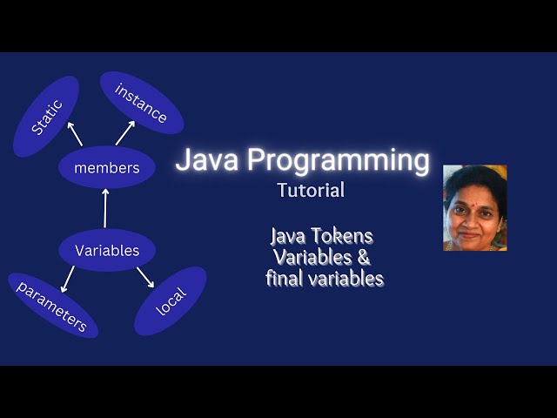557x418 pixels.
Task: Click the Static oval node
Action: [x=46, y=117]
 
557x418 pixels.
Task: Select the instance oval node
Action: [x=140, y=103]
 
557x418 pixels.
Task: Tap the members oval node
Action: [x=106, y=168]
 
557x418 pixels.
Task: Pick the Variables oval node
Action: [x=106, y=251]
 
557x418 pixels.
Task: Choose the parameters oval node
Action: [x=53, y=306]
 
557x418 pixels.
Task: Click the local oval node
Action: [x=171, y=301]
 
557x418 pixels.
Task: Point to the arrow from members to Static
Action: [x=76, y=134]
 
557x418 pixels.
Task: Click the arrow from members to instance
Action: [x=125, y=132]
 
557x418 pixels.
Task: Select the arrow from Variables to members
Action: [x=106, y=210]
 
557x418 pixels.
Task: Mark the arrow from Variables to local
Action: [x=144, y=278]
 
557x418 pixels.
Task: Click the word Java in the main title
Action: [x=207, y=161]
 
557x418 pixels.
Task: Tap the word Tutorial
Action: [x=311, y=190]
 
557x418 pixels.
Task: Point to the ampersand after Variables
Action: [x=364, y=258]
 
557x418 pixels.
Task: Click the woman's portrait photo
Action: [x=474, y=208]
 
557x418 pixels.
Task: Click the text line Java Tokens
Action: [x=321, y=236]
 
